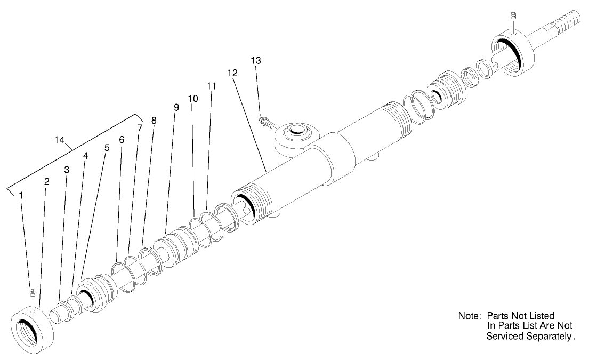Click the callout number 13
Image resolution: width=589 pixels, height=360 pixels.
pos(256,61)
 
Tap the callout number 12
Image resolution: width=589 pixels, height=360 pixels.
pos(232,73)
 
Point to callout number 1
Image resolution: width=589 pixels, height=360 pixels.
pos(21,195)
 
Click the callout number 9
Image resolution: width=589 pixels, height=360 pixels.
pos(176,107)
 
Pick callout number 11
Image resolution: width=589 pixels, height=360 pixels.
pos(212,86)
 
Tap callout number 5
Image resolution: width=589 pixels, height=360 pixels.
pos(107,148)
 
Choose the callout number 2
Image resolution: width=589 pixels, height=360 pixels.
pos(47,181)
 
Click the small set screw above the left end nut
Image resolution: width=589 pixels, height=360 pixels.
pos(33,293)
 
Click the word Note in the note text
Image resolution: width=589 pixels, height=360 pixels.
pos(469,316)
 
